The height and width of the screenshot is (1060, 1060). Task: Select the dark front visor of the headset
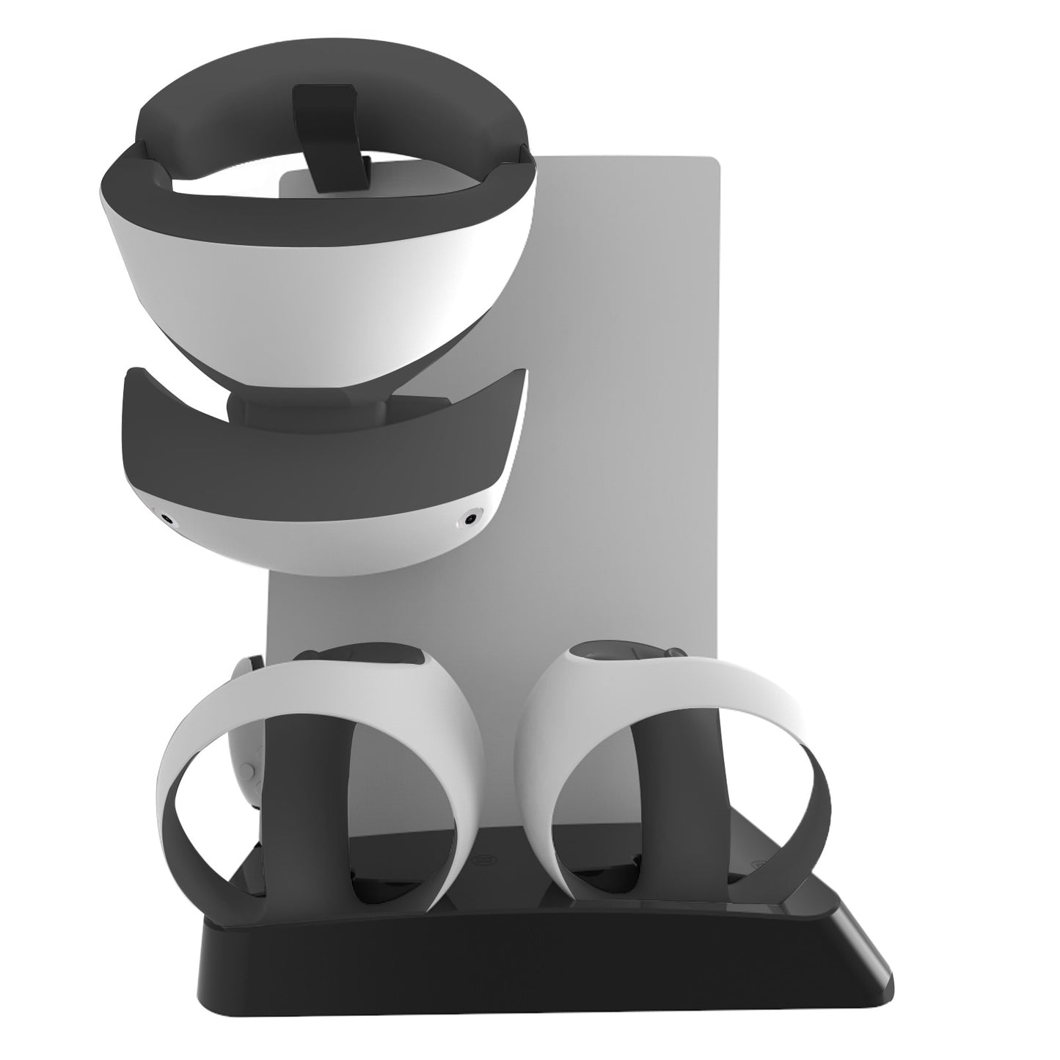[x=323, y=455]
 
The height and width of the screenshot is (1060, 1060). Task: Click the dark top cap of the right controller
[x=616, y=653]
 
